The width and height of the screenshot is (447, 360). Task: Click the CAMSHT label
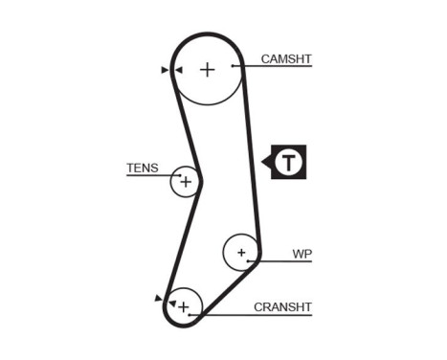point(286,58)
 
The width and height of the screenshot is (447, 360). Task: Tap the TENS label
point(142,168)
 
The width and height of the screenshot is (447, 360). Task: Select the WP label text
point(302,255)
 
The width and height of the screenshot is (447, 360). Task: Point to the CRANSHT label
point(283,307)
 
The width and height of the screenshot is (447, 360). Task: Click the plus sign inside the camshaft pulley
point(208,69)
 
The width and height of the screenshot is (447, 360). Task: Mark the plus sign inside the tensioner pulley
point(186,181)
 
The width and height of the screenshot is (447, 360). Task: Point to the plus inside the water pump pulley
point(242,254)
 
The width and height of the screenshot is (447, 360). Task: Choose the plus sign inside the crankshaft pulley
point(184,306)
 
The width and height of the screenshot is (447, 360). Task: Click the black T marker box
point(287,163)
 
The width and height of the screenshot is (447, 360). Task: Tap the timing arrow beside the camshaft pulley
point(166,69)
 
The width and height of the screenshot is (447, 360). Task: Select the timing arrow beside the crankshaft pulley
point(159,300)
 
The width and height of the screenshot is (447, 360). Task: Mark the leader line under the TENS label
point(144,176)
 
